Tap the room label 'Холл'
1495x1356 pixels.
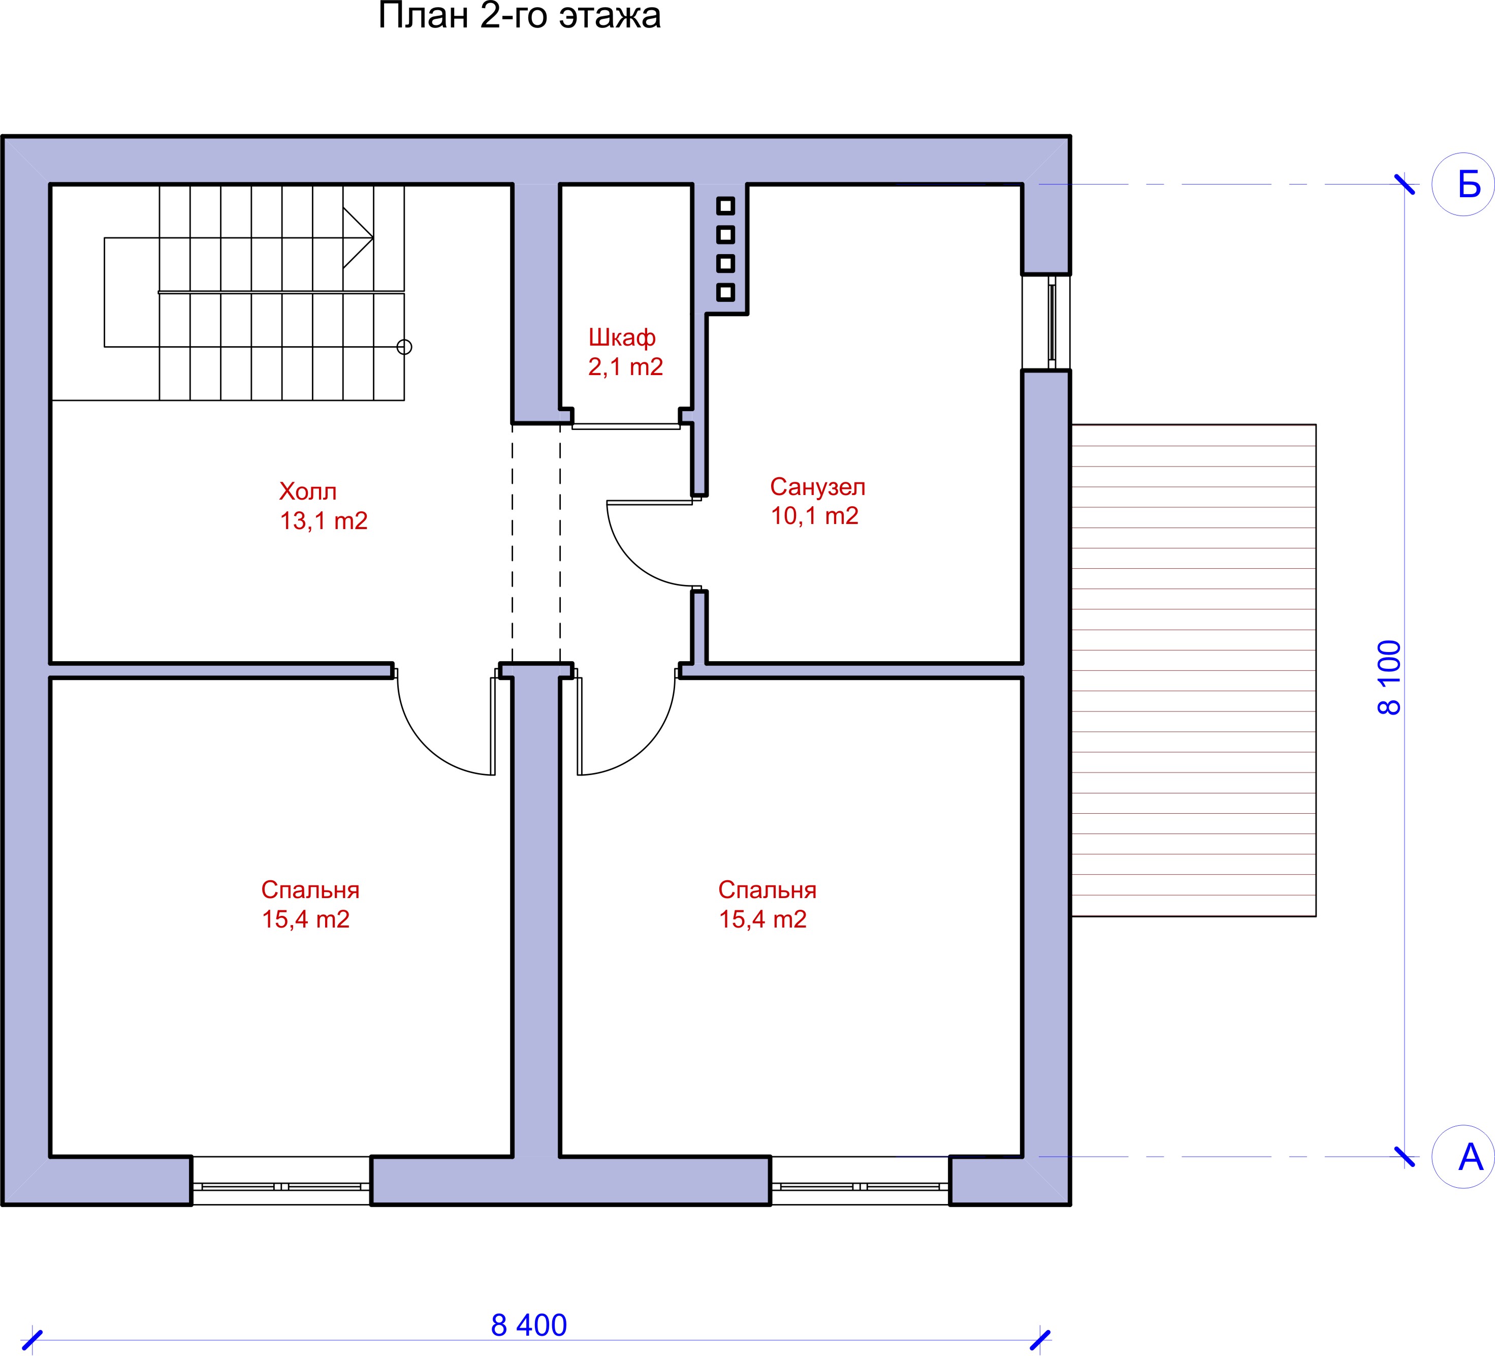(x=308, y=492)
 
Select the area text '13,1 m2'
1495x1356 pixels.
(x=323, y=521)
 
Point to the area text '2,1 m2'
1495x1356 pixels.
(x=625, y=366)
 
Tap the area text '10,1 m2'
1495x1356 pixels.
(x=814, y=515)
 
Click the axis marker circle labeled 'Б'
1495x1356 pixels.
(x=1462, y=184)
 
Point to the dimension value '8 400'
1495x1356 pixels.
(x=529, y=1326)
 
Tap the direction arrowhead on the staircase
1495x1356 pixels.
(x=358, y=237)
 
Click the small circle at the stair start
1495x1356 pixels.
(x=404, y=347)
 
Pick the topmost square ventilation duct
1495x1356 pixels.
(x=726, y=205)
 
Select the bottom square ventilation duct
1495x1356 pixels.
(x=726, y=292)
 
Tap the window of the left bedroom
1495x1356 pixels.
(x=281, y=1187)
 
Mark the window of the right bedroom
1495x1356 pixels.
(x=860, y=1187)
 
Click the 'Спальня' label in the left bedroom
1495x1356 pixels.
(x=310, y=890)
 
